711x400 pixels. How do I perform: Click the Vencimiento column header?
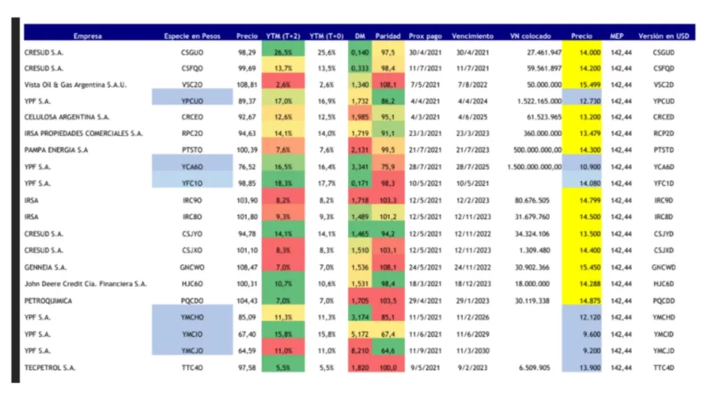[x=472, y=35]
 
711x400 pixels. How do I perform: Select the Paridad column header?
[x=388, y=35]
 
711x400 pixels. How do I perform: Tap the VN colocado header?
[x=530, y=35]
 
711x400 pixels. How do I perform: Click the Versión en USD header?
[x=663, y=35]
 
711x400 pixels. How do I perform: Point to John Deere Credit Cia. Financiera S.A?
[x=85, y=283]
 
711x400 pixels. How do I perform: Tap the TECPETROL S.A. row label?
[x=46, y=367]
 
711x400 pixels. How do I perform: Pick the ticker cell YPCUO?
[x=192, y=101]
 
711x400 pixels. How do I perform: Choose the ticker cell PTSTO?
[x=192, y=150]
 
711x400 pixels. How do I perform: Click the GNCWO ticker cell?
[x=192, y=267]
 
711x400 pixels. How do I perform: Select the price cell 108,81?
[x=246, y=85]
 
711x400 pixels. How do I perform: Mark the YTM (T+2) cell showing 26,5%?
[x=283, y=52]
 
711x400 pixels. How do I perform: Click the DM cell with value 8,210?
[x=360, y=351]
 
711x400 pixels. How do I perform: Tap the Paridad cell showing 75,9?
[x=387, y=167]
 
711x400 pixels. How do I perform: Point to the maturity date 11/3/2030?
[x=472, y=351]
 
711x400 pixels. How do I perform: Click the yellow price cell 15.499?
[x=581, y=85]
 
